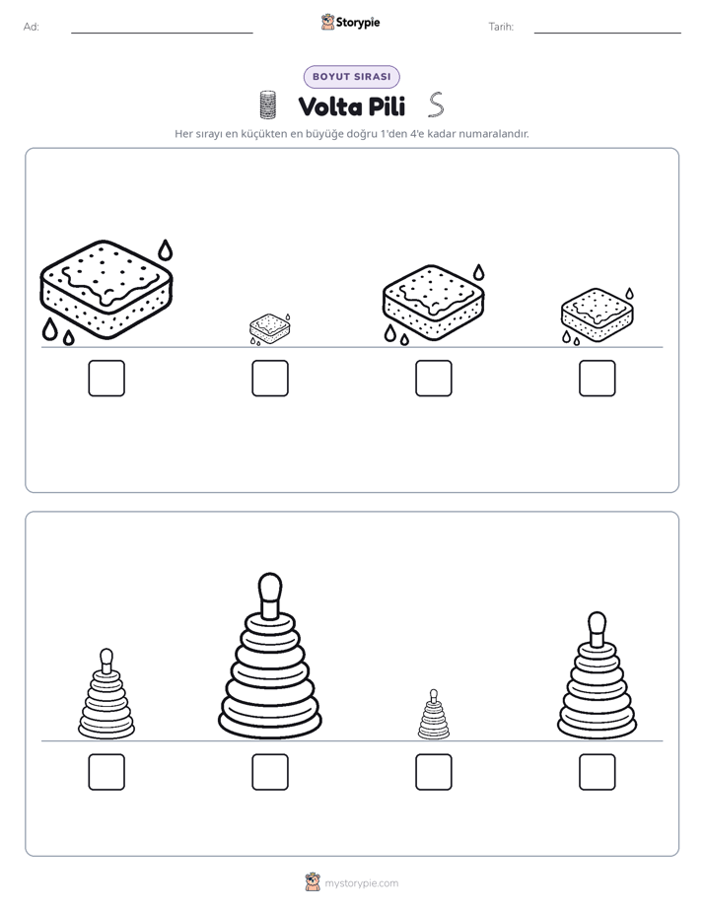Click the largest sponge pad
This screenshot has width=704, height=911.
click(x=106, y=289)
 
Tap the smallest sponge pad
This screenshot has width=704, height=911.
click(x=269, y=328)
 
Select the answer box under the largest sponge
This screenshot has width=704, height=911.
click(x=106, y=379)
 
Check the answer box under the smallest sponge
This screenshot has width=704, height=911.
click(x=270, y=379)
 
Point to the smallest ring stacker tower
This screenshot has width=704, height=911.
click(x=433, y=715)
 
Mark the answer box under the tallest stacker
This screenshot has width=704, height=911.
click(x=270, y=772)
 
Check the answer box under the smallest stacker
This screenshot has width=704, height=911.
click(x=433, y=772)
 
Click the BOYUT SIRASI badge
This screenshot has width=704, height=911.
click(x=351, y=77)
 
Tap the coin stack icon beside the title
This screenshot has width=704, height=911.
click(x=267, y=105)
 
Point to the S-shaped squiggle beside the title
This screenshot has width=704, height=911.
click(x=436, y=105)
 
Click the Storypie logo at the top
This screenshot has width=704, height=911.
click(x=350, y=23)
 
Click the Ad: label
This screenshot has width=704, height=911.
click(x=32, y=27)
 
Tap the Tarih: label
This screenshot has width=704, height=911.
click(x=501, y=27)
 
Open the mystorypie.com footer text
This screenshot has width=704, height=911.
click(x=361, y=883)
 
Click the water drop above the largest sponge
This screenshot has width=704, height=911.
click(x=166, y=249)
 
